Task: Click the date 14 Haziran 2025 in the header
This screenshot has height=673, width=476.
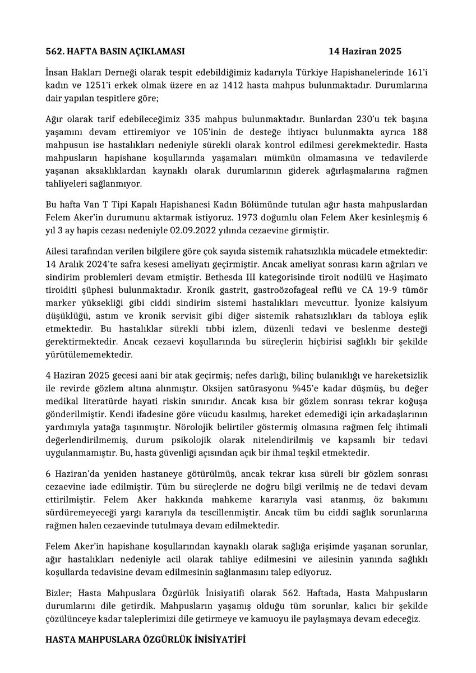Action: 365,52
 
